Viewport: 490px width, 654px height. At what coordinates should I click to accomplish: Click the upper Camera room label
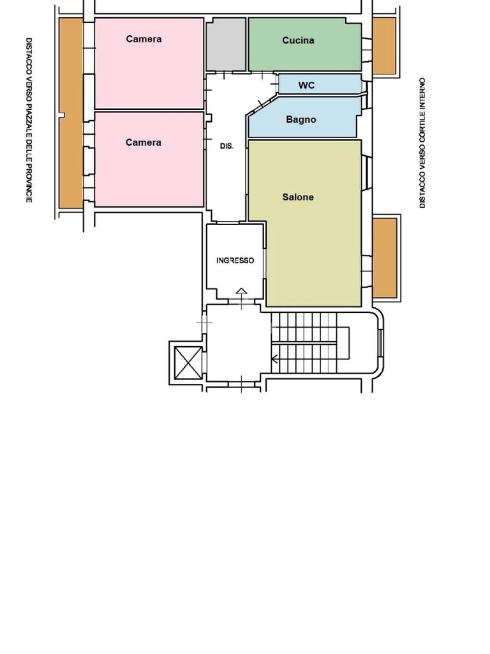[x=144, y=39]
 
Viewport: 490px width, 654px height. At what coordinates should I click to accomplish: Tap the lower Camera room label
[x=144, y=142]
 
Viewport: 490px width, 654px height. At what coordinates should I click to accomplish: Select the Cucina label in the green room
[x=298, y=40]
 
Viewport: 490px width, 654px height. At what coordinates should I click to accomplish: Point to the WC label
[x=306, y=85]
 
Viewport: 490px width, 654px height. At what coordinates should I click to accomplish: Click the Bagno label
[x=301, y=119]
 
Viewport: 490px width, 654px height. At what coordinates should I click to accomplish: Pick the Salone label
[x=298, y=197]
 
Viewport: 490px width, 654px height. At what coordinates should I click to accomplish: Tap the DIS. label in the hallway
[x=226, y=146]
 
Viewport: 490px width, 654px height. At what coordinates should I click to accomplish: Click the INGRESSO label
[x=235, y=261]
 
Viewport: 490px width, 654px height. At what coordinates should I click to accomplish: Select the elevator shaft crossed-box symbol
[x=188, y=363]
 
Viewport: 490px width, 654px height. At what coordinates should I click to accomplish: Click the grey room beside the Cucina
[x=226, y=44]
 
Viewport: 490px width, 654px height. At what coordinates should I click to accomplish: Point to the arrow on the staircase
[x=274, y=358]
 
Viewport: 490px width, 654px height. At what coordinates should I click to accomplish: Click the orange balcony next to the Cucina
[x=384, y=46]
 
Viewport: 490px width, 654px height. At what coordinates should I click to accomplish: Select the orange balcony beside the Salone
[x=385, y=258]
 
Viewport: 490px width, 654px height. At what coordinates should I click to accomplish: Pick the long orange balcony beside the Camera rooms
[x=71, y=113]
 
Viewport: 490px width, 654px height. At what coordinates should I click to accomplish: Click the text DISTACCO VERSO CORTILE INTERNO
[x=422, y=143]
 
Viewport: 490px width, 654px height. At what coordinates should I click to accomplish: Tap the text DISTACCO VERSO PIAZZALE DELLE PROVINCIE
[x=29, y=120]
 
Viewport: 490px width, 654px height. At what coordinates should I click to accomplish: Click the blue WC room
[x=320, y=85]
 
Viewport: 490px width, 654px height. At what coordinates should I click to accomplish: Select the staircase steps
[x=304, y=343]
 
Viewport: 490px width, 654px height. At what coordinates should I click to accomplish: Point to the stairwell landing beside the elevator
[x=234, y=343]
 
